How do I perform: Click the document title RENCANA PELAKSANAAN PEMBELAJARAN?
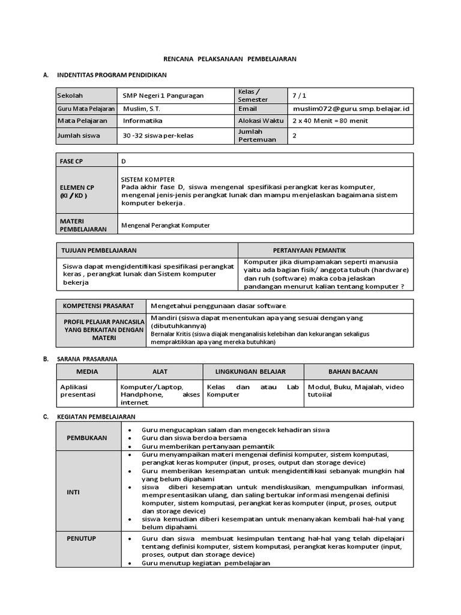pos(230,59)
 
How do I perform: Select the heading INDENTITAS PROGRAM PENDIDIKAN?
pos(112,75)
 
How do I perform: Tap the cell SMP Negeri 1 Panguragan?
pos(163,95)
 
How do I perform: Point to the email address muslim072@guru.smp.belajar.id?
pos(351,109)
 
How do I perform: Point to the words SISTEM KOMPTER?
pos(148,179)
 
